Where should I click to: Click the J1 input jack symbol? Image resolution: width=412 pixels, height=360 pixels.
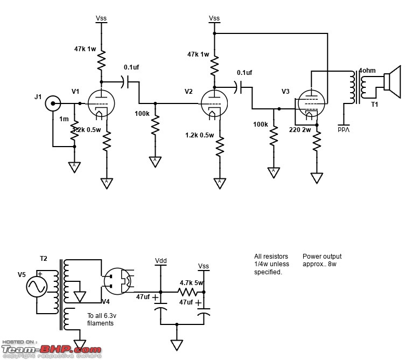[x=53, y=103]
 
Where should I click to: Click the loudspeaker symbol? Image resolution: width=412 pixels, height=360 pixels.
[x=392, y=82]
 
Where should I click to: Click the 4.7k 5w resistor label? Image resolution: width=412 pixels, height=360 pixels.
[x=192, y=282]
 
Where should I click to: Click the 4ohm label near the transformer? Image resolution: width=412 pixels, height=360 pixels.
[x=368, y=71]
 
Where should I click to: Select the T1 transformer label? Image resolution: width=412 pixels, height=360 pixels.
[x=374, y=105]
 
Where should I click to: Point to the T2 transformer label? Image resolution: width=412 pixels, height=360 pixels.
[x=44, y=259]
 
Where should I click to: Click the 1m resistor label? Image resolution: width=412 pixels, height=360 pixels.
[x=64, y=119]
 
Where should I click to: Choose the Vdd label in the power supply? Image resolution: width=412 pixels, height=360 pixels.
[x=160, y=261]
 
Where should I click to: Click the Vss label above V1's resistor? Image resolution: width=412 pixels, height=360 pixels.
[x=101, y=18]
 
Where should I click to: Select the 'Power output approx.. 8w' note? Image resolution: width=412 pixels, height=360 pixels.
[x=322, y=260]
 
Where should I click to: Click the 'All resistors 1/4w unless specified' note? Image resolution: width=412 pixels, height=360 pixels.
[x=272, y=264]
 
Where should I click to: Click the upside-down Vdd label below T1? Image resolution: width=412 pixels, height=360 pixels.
[x=343, y=129]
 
